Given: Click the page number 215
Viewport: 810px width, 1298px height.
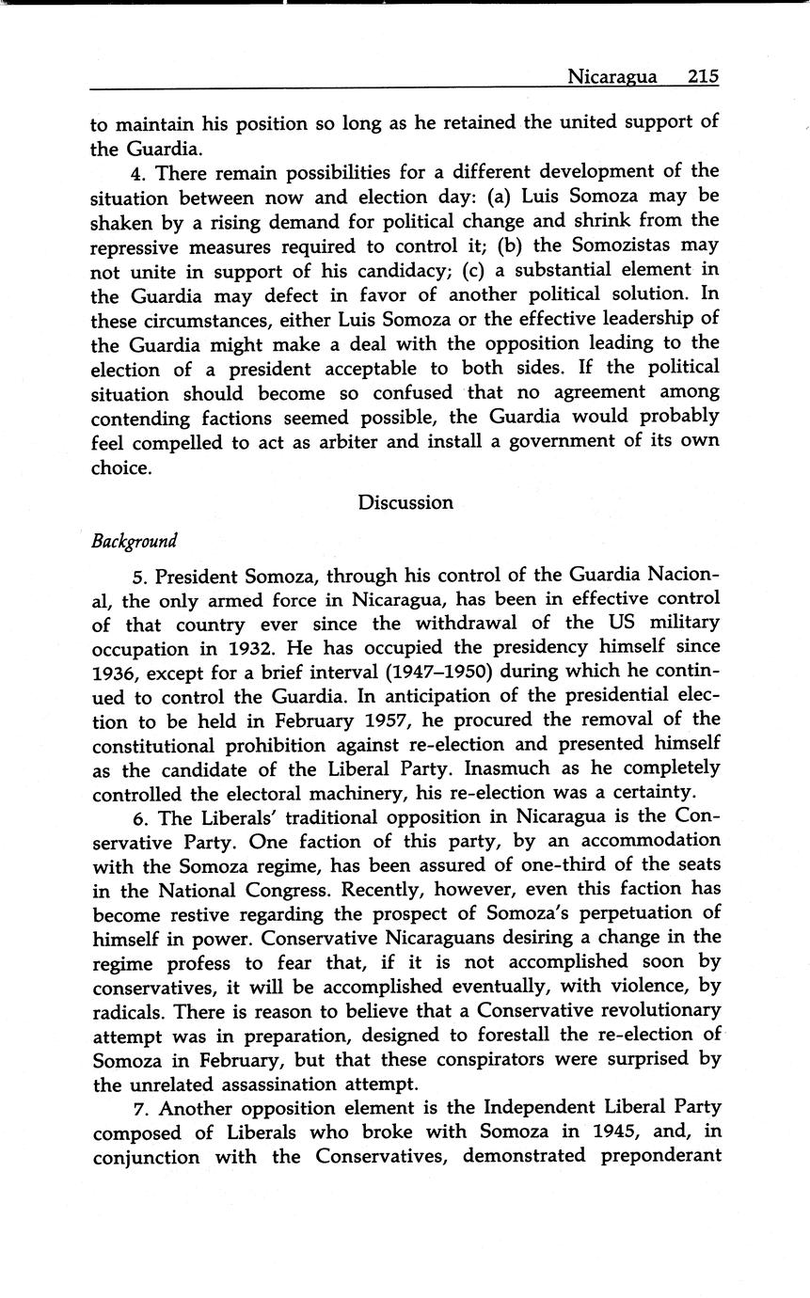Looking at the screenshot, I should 703,76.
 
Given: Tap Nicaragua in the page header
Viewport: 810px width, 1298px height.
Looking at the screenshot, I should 611,76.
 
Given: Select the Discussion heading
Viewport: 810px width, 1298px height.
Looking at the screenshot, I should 405,502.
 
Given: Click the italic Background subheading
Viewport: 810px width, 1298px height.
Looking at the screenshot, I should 134,542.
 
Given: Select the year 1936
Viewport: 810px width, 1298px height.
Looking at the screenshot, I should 115,672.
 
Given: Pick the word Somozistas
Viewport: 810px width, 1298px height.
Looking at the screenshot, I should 625,245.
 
